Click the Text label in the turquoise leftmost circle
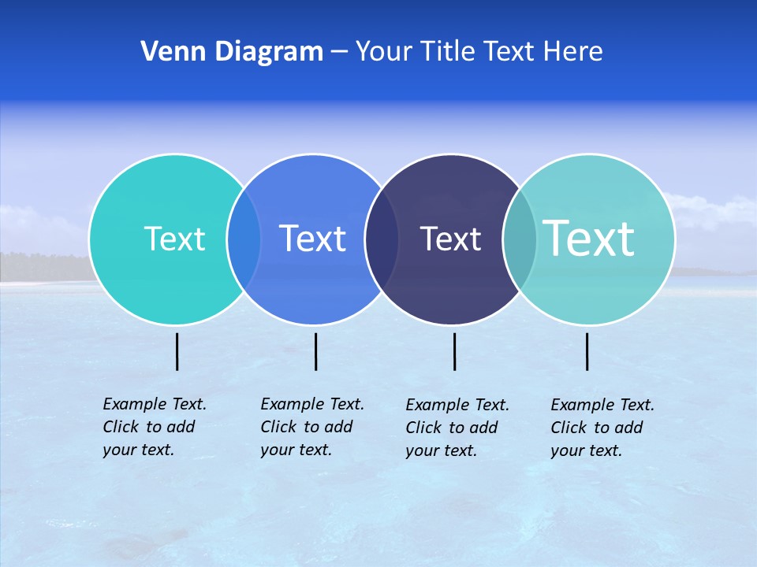point(174,239)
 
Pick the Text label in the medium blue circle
point(313,239)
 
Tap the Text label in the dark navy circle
point(450,239)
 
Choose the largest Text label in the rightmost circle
point(589,239)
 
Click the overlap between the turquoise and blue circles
point(244,239)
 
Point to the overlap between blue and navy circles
point(382,239)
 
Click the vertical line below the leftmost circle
point(177,351)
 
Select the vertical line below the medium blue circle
point(315,351)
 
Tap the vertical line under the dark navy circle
point(454,351)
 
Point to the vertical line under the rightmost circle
point(587,351)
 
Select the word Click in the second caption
point(278,427)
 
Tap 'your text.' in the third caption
point(442,451)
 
